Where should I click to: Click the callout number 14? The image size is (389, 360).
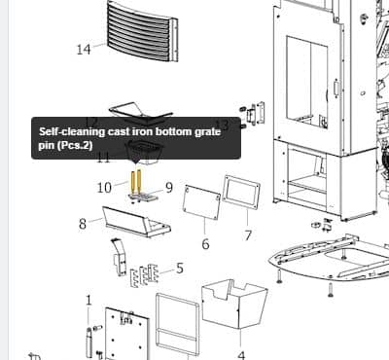(x=84, y=50)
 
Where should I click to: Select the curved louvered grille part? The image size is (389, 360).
(x=143, y=32)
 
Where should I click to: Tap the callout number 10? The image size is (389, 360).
(x=104, y=188)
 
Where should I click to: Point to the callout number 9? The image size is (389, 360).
(x=169, y=187)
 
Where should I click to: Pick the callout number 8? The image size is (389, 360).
(x=83, y=224)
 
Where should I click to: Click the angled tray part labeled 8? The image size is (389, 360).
(x=136, y=222)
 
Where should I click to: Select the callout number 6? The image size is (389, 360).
(x=205, y=244)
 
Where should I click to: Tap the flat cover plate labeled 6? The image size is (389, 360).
(x=202, y=202)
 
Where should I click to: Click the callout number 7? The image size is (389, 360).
(x=248, y=235)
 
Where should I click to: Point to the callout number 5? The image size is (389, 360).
(x=180, y=269)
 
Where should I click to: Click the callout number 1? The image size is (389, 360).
(x=88, y=301)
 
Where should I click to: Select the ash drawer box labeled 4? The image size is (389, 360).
(x=234, y=304)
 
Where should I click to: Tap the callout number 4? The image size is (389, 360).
(x=241, y=355)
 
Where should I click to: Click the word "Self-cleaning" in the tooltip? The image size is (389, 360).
(x=72, y=132)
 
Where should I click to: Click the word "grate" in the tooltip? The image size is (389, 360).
(x=207, y=132)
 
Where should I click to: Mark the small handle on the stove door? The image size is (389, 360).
(x=336, y=88)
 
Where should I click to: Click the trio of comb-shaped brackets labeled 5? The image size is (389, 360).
(x=145, y=275)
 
